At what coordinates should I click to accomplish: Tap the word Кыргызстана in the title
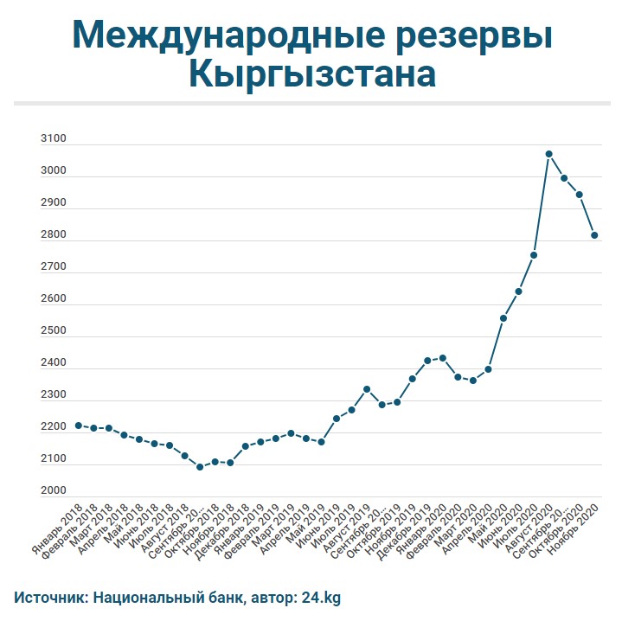tap(311, 76)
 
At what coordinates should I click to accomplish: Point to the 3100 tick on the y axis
tap(54, 139)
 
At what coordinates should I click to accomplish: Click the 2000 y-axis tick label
tap(54, 491)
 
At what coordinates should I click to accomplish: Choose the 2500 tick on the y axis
tap(54, 331)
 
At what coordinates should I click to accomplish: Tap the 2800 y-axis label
tap(54, 235)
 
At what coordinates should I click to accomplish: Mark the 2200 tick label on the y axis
tap(54, 427)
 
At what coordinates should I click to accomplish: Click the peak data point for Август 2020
tap(548, 154)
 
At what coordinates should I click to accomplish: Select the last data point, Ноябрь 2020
tap(595, 235)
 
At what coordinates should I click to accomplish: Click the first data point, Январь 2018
tap(79, 426)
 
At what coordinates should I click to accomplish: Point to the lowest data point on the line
tap(200, 467)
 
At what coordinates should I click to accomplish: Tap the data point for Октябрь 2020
tap(580, 195)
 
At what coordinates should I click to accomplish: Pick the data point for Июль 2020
tap(534, 255)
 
